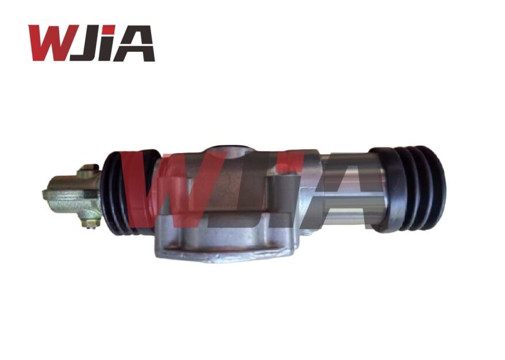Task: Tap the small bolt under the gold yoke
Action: [88, 222]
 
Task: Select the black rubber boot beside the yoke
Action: [118, 192]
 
